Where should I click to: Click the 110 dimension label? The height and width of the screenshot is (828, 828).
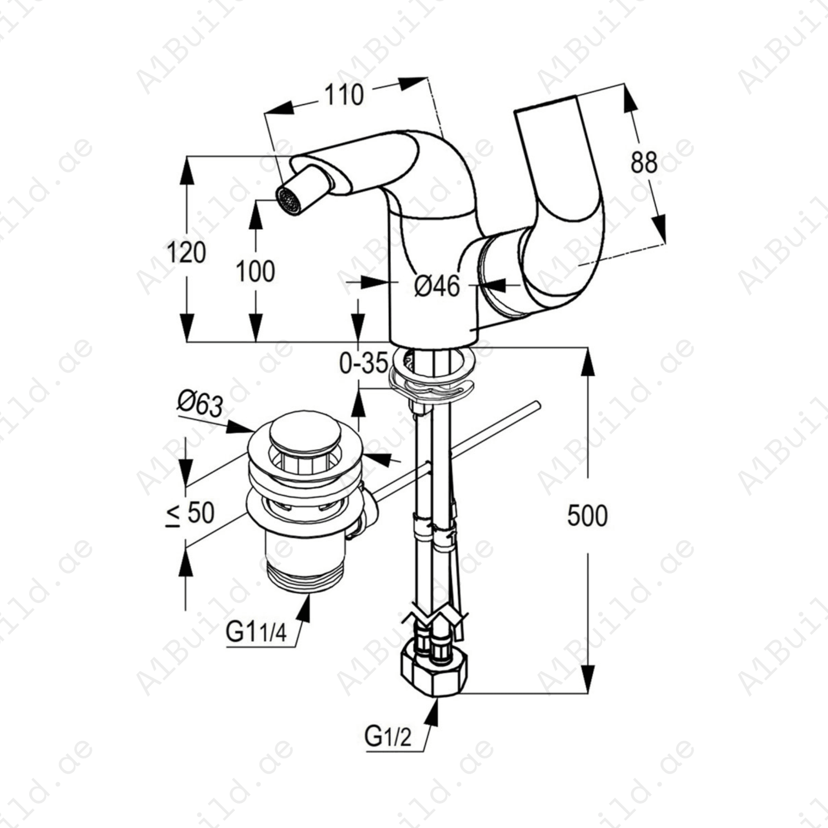[x=344, y=95]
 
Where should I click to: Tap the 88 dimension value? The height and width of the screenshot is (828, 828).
[x=644, y=162]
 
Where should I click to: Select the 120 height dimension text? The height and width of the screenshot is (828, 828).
[x=186, y=253]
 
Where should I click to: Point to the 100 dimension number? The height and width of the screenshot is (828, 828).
[x=255, y=271]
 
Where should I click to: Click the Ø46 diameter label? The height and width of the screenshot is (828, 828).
[x=437, y=286]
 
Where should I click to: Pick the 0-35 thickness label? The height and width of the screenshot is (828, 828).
[x=363, y=363]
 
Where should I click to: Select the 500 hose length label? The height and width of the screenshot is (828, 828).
[x=587, y=516]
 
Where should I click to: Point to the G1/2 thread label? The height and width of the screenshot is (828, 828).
[x=388, y=750]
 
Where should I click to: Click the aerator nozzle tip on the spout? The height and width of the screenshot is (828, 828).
[x=288, y=201]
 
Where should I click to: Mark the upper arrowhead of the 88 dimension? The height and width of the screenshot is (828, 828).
[x=630, y=99]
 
